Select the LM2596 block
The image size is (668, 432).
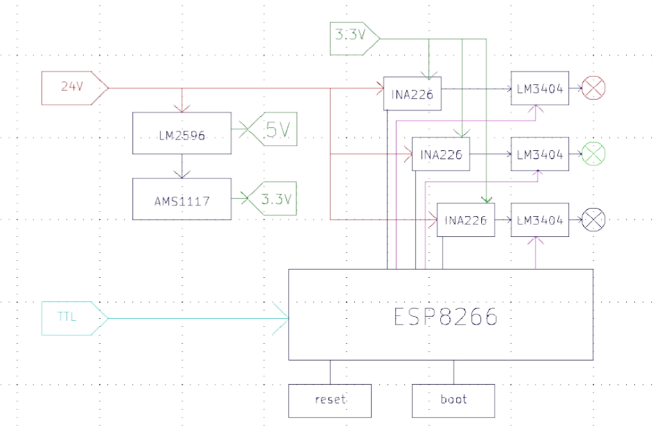click(182, 133)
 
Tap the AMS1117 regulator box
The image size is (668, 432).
click(182, 199)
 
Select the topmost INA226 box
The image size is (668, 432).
click(412, 93)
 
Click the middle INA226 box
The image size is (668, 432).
click(441, 154)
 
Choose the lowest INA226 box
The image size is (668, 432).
click(466, 220)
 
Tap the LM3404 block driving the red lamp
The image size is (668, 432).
click(539, 88)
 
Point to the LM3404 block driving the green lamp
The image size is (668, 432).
click(539, 154)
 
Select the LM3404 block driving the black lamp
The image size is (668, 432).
click(539, 220)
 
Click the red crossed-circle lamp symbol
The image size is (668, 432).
click(594, 88)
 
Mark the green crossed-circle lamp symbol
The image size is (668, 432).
click(594, 154)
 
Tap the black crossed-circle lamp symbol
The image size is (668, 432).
click(594, 220)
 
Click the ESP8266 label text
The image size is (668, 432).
click(445, 317)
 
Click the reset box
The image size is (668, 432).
click(330, 401)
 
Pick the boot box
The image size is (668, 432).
click(453, 401)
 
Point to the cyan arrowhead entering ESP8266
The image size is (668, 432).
click(282, 318)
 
